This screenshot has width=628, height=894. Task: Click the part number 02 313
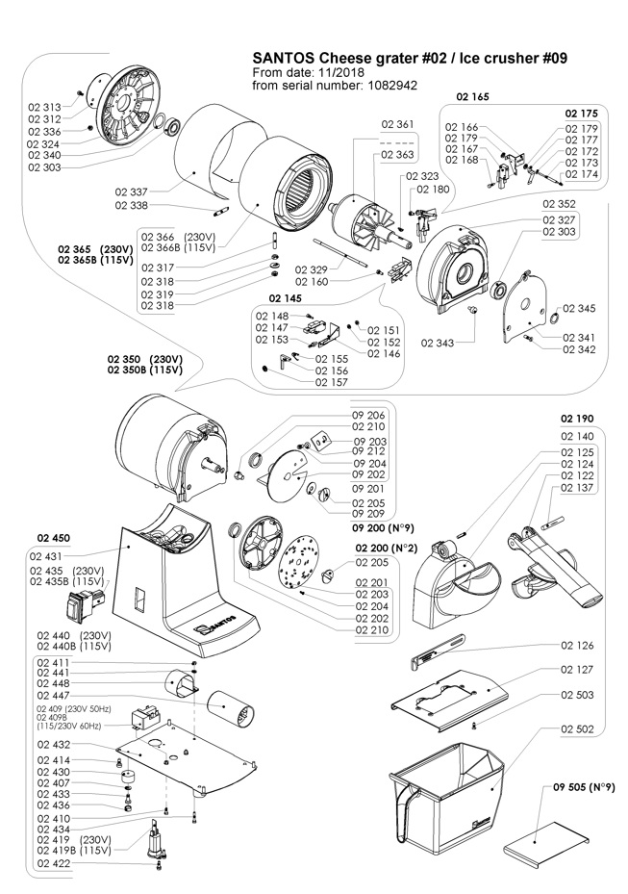[x=44, y=107]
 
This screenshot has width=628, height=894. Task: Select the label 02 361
[x=397, y=125]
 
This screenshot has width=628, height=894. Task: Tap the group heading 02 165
[x=473, y=97]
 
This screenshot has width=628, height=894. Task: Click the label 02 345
[x=579, y=309]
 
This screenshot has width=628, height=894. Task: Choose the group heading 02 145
[x=286, y=298]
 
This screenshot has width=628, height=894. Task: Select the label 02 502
[x=577, y=729]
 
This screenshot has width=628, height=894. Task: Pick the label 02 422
[x=54, y=863]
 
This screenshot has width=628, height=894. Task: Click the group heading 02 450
[x=55, y=538]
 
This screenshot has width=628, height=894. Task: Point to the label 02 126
[x=577, y=646]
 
